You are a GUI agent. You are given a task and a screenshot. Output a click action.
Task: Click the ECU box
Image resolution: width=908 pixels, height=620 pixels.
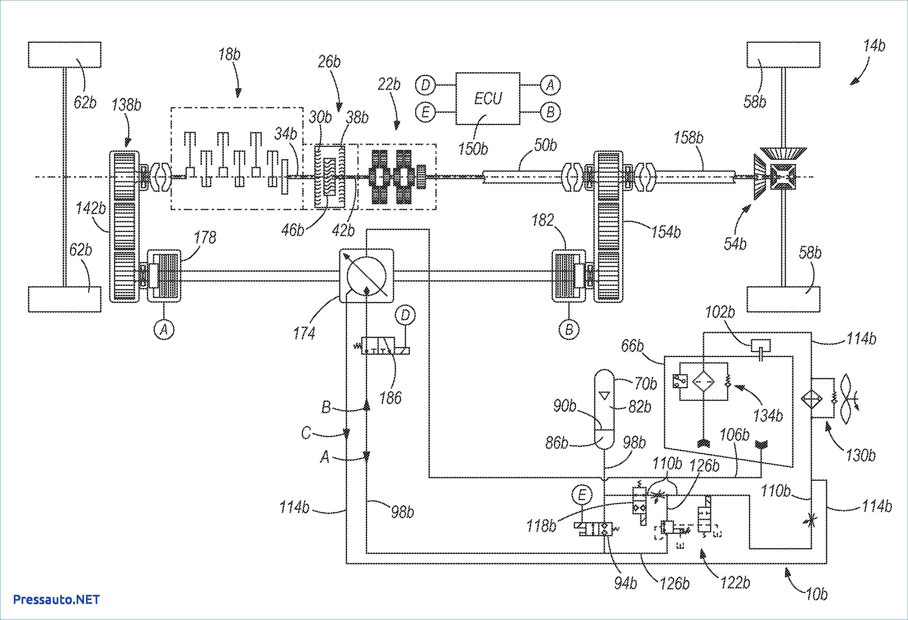pos(487,99)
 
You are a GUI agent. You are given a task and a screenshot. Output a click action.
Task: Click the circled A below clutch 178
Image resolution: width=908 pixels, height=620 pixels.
pos(164,330)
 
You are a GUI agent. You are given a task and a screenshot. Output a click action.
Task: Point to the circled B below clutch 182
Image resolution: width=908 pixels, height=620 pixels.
pos(569,330)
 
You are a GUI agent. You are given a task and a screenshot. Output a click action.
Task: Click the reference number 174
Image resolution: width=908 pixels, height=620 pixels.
pos(304,333)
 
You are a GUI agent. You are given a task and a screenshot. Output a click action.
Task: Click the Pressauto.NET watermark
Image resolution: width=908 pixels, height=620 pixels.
pos(57,599)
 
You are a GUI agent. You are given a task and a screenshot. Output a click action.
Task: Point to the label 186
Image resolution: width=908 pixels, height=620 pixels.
pos(390,398)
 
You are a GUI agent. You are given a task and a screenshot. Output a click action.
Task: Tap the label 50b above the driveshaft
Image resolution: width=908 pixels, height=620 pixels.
pos(545,145)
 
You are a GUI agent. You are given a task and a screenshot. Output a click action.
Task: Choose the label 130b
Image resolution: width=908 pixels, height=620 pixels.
pos(861,455)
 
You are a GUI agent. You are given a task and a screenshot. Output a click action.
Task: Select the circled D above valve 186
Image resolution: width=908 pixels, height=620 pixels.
pos(405,315)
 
